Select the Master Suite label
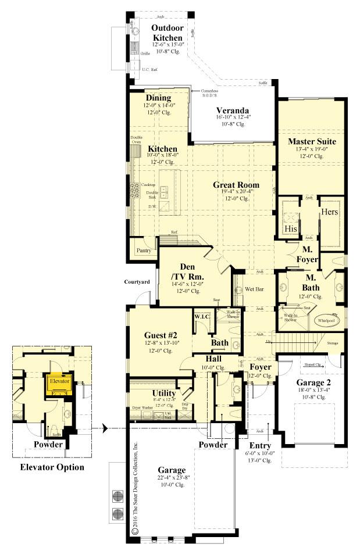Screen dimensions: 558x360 [x=312, y=141]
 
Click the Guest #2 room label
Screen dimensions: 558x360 [x=160, y=335]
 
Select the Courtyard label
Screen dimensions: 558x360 [x=137, y=282]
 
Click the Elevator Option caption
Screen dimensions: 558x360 [x=52, y=467]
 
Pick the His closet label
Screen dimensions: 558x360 [x=291, y=229]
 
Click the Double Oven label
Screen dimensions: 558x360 [x=136, y=139]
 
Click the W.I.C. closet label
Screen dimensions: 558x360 [x=201, y=317]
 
